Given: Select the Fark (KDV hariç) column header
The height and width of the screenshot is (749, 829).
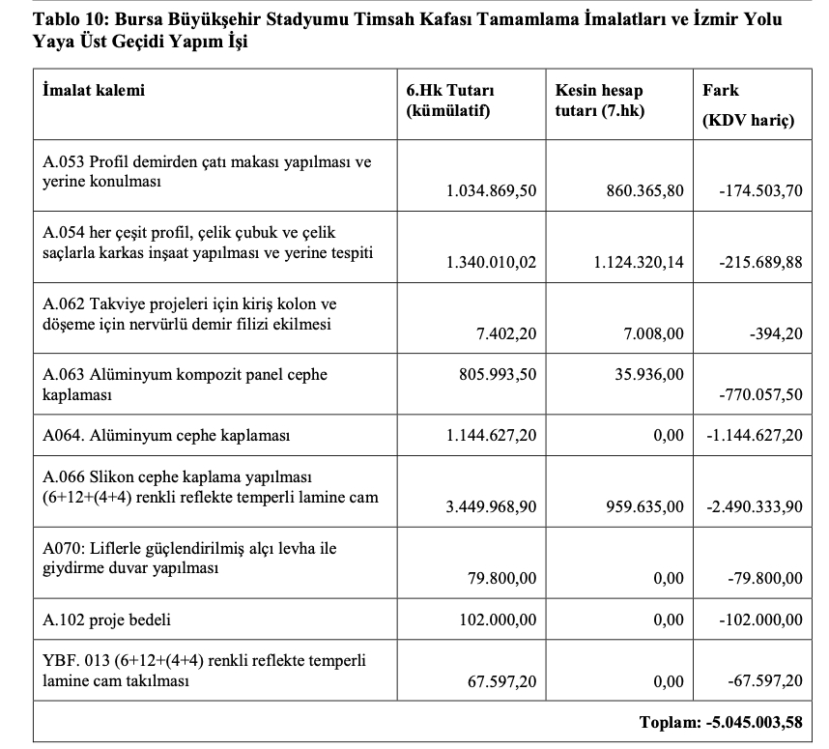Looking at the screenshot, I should click(747, 104).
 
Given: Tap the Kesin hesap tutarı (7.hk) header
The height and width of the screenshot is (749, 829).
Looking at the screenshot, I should click(599, 100).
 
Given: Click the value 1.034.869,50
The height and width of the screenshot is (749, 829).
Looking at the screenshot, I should click(491, 190).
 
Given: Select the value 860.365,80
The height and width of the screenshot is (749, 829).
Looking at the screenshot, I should click(640, 190).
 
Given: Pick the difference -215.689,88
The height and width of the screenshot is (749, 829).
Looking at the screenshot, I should click(760, 262).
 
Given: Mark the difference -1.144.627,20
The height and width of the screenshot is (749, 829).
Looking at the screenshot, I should click(754, 435).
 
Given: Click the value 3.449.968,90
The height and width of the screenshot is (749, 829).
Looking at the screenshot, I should click(491, 506).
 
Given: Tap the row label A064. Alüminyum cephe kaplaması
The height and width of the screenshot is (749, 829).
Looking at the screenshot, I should click(167, 435).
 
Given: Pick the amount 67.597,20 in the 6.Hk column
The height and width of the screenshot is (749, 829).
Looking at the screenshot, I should click(501, 682).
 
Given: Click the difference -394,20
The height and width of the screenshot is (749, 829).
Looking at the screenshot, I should click(776, 333).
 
